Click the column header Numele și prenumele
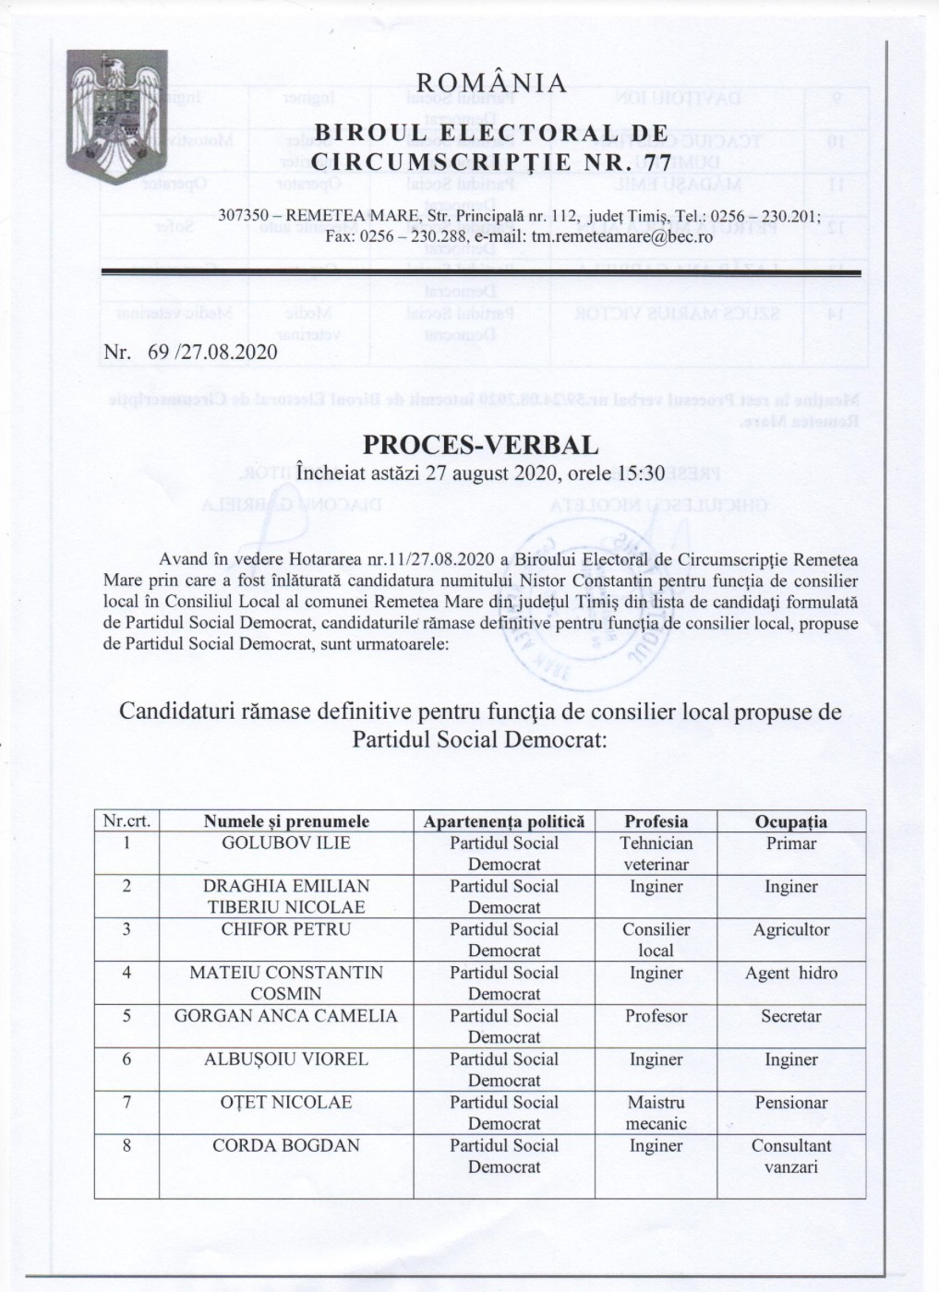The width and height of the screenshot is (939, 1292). pos(286,821)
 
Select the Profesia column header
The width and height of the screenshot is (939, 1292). pos(656,821)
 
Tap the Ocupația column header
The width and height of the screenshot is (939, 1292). pos(790,821)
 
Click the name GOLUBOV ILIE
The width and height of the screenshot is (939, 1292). pos(286,843)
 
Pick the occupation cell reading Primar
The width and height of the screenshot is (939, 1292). pos(790,843)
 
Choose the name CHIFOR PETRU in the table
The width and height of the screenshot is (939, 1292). pos(286,929)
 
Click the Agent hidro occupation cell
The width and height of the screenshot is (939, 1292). pos(790,973)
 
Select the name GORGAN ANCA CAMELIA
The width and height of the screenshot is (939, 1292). pos(286,1016)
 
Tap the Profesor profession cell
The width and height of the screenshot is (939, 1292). pos(656,1016)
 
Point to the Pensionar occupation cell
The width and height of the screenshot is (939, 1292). pos(790,1103)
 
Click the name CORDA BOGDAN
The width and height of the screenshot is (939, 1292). pos(286,1146)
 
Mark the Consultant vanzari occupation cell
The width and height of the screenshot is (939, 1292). pos(790,1156)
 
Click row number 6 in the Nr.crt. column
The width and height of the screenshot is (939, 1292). pos(126,1059)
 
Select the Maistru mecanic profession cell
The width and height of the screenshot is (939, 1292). pos(656,1113)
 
